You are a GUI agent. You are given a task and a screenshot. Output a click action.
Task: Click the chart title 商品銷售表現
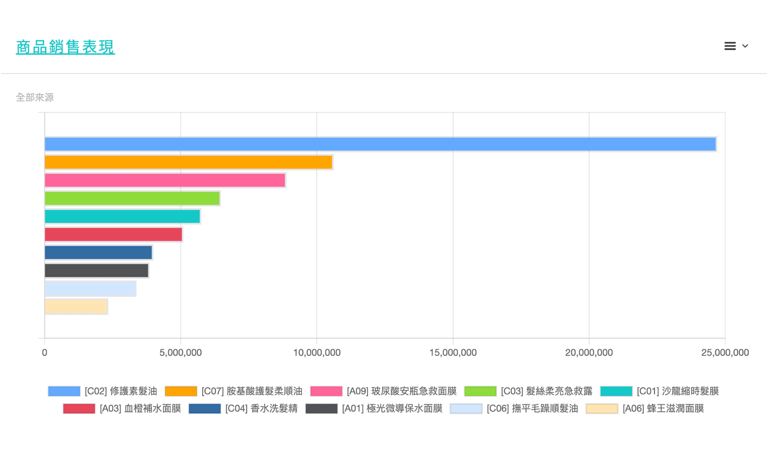click(65, 47)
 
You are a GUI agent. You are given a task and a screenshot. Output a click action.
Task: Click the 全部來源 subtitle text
click(35, 97)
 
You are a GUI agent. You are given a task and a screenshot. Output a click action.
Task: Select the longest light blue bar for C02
click(380, 144)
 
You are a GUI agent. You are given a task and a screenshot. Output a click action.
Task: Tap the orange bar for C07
click(188, 162)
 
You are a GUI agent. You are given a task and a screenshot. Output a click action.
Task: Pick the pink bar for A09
click(165, 180)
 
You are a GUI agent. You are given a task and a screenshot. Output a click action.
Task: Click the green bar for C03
click(132, 198)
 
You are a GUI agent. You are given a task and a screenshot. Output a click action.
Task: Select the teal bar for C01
click(122, 217)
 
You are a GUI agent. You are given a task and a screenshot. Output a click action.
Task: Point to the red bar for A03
click(113, 234)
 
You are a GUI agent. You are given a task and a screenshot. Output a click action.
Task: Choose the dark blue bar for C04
click(98, 253)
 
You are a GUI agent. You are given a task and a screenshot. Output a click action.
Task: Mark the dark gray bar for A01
click(96, 270)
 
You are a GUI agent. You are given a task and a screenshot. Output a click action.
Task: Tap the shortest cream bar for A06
click(76, 307)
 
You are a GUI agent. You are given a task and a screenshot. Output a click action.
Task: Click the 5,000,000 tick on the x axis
click(181, 353)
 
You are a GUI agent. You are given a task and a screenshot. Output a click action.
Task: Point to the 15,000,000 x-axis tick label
click(453, 353)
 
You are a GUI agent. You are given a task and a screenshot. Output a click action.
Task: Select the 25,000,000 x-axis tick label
click(725, 353)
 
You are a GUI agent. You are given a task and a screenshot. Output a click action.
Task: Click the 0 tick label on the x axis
click(44, 353)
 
